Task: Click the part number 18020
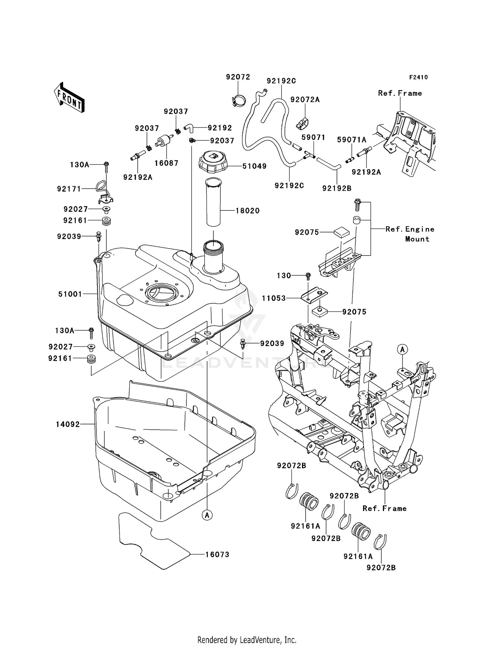pos(247,211)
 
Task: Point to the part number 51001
pos(70,294)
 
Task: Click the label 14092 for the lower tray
pos(68,424)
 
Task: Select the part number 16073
pos(217,555)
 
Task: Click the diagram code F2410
pos(418,77)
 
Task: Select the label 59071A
pos(351,140)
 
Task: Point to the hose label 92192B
pos(337,188)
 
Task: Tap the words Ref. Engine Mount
pos(410,234)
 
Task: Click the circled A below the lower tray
pos(207,515)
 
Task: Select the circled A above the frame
pos(402,349)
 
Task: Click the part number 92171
pos(69,189)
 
